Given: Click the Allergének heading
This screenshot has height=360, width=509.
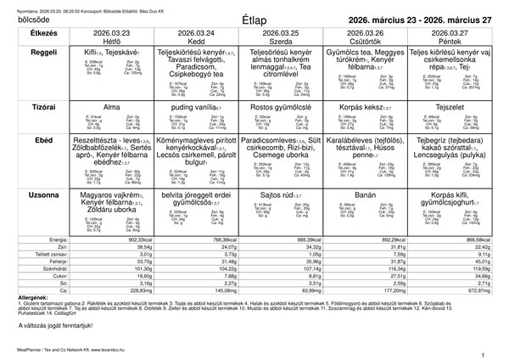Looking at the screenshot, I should (22, 296).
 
